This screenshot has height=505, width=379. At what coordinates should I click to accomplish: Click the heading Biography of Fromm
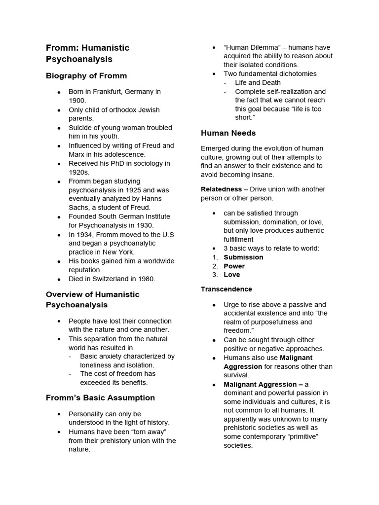pos(86,76)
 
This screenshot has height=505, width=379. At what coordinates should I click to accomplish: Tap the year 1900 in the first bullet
pos(77,101)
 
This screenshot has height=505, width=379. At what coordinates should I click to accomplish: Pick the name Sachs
pos(79,208)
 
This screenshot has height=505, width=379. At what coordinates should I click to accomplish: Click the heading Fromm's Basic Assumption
pos(100,397)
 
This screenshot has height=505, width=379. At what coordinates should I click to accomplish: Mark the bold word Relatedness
pos(221,189)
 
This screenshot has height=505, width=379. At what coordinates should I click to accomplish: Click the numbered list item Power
pos(234,266)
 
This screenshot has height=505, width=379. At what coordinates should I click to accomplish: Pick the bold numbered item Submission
pos(243,257)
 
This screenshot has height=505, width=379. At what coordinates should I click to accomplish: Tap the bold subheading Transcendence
pos(226,289)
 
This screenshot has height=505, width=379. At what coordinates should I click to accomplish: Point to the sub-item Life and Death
pos(258,83)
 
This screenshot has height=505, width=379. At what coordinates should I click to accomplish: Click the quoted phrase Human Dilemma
pos(252,47)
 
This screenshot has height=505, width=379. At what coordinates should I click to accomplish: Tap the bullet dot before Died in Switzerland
pos(59,279)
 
